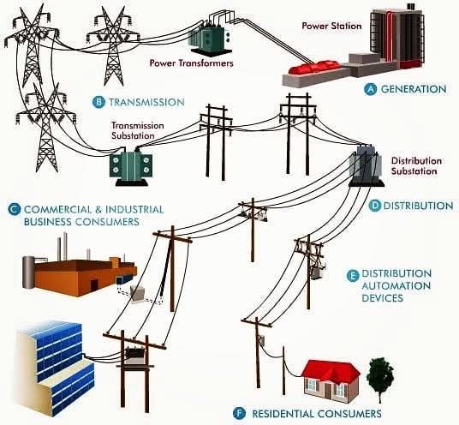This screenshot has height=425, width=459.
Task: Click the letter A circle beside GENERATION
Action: (x=371, y=89)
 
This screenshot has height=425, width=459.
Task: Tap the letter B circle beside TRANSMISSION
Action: (x=98, y=102)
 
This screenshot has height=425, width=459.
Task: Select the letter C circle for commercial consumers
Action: (x=15, y=210)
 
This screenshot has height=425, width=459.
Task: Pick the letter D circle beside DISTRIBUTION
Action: (x=374, y=206)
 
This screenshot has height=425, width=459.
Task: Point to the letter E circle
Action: (x=353, y=276)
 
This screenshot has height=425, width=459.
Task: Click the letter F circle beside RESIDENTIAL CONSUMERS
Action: (x=240, y=414)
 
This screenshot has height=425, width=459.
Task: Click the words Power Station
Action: (x=331, y=26)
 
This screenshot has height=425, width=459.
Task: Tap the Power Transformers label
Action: (x=192, y=63)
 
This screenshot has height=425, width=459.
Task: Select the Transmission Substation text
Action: (x=138, y=130)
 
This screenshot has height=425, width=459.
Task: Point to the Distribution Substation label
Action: (x=416, y=165)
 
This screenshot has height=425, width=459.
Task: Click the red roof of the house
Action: (x=331, y=369)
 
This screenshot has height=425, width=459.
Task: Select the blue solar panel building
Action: (x=56, y=368)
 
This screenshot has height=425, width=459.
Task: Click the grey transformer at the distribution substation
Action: (x=367, y=165)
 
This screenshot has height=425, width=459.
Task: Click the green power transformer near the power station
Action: (x=208, y=38)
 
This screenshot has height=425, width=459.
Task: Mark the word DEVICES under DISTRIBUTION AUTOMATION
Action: (x=383, y=298)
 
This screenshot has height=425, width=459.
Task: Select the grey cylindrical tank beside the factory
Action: (x=28, y=272)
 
